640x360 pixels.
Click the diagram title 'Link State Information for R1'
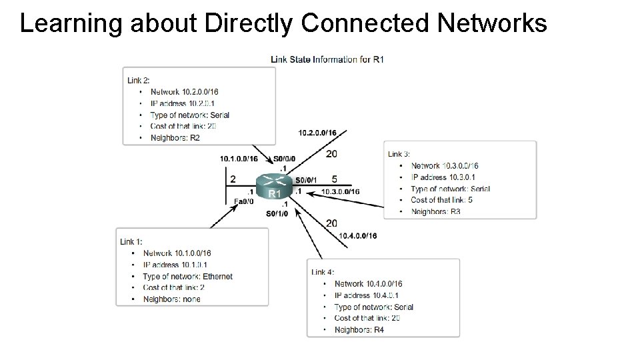click(327, 59)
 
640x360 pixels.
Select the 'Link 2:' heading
click(139, 80)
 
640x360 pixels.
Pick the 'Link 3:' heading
click(399, 154)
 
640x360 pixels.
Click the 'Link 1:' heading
click(131, 241)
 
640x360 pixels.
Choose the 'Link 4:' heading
click(323, 272)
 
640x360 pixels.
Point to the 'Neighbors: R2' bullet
click(175, 138)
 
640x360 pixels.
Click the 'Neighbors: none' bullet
click(171, 299)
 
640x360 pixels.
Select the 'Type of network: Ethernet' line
click(187, 276)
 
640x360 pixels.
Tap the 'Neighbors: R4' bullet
click(359, 330)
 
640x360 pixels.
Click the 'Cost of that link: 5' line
click(441, 200)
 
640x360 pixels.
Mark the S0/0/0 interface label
click(284, 159)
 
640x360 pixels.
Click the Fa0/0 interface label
click(244, 201)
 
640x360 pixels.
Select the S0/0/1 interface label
click(306, 179)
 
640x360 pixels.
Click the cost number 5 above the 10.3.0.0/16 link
click(334, 179)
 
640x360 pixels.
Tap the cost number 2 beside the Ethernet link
click(233, 179)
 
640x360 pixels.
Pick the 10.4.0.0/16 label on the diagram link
click(358, 236)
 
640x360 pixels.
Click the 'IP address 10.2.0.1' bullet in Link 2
click(182, 103)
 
